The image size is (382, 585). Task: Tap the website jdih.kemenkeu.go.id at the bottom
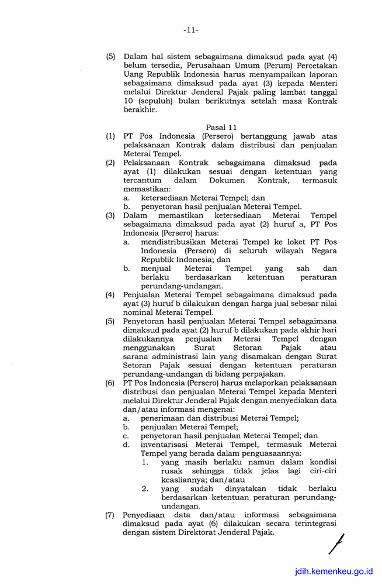[x=334, y=571]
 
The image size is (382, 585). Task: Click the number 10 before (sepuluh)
[x=129, y=101]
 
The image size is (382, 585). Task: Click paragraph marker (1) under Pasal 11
[x=110, y=136]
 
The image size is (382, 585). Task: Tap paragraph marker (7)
[x=110, y=515]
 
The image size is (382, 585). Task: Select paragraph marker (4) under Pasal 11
[x=110, y=294]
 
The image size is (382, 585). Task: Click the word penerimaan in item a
[x=165, y=418]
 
